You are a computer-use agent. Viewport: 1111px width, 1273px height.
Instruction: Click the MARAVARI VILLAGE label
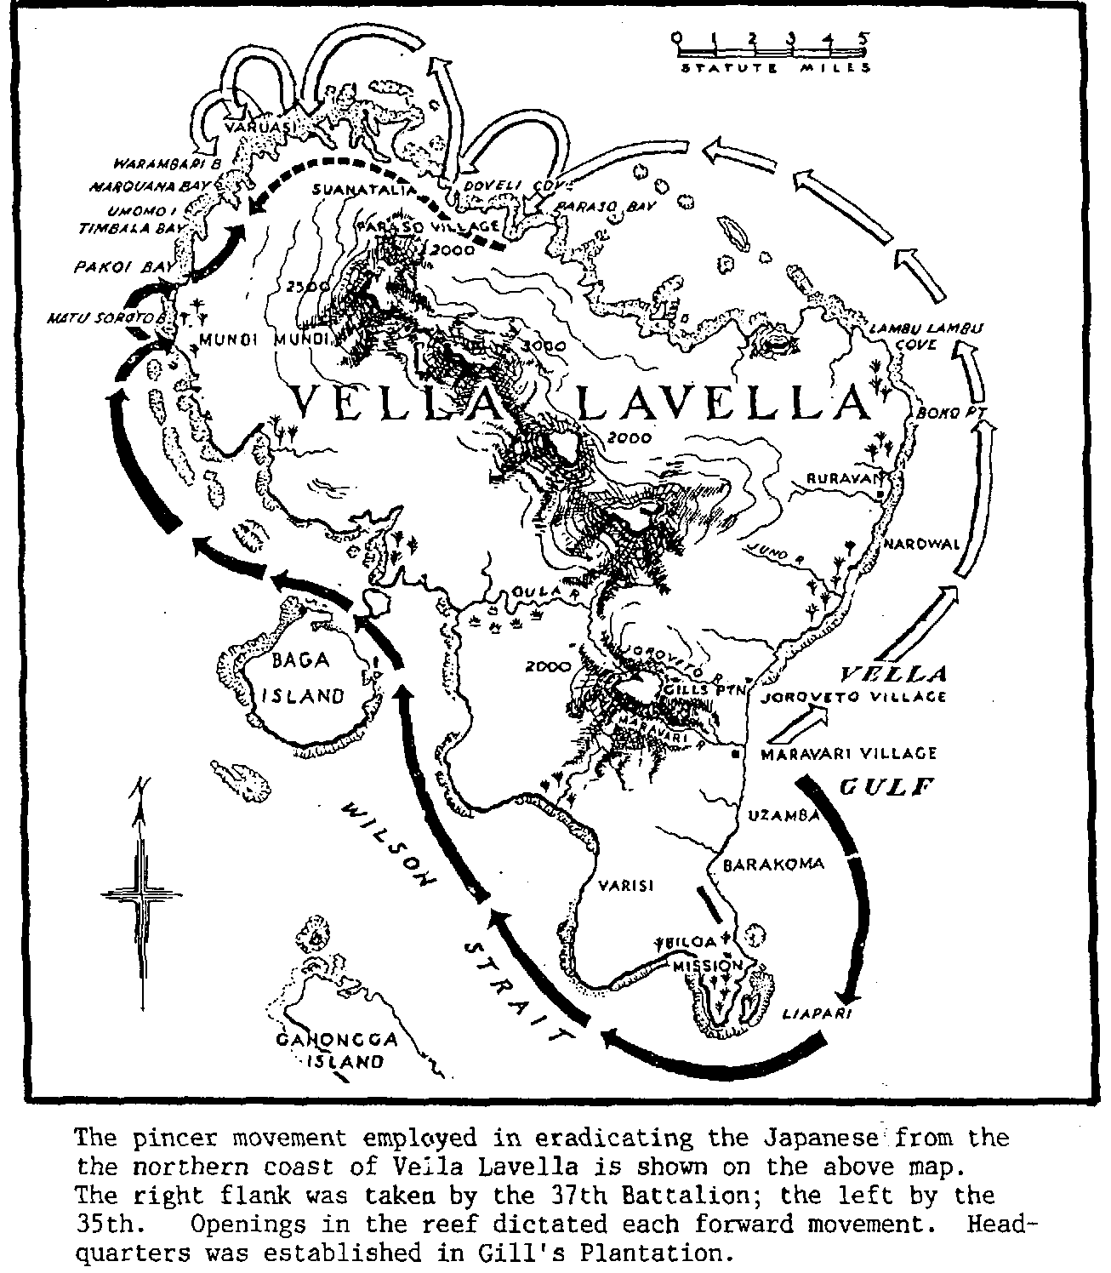click(837, 754)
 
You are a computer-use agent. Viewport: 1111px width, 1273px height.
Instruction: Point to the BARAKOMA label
click(773, 864)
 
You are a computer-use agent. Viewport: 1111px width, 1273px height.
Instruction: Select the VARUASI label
click(254, 128)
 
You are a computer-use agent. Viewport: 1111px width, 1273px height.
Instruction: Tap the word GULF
click(887, 787)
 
